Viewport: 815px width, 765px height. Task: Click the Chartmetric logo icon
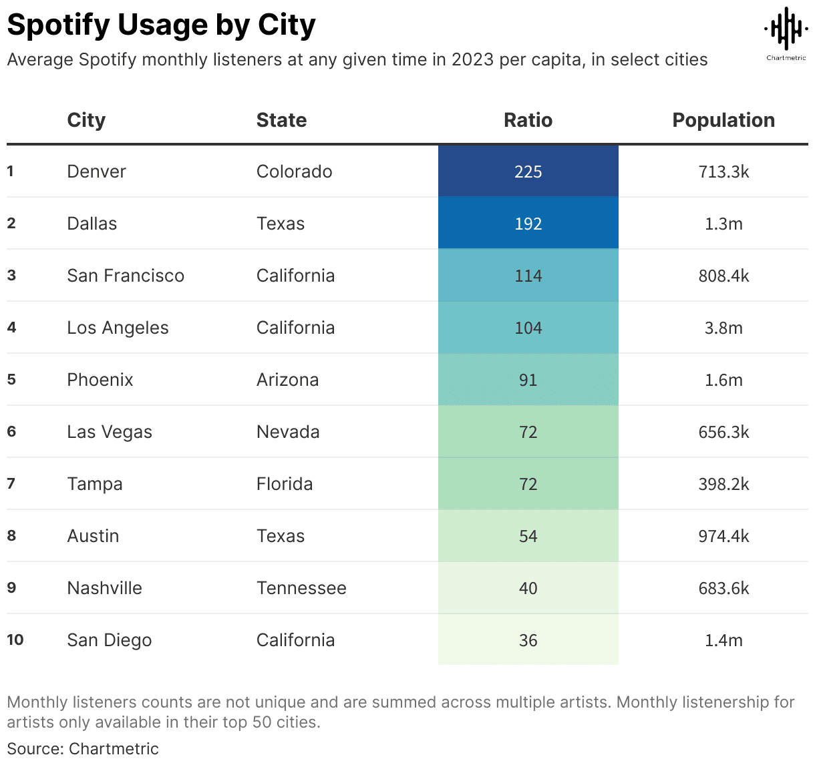coord(786,29)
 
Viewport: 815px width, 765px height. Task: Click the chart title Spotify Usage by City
coord(161,25)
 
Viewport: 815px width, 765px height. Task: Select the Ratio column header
coord(528,120)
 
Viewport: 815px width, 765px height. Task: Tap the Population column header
coord(723,120)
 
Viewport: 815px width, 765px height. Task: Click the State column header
coord(281,120)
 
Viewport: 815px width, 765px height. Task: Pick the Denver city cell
coord(96,172)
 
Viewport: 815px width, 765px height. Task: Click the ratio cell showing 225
coord(528,172)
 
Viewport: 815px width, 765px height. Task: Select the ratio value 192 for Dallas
coord(528,224)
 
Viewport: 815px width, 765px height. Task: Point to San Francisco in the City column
coord(126,276)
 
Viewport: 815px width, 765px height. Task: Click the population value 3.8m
coord(723,328)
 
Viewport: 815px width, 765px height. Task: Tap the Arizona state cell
coord(287,380)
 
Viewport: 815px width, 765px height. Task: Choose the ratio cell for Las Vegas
coord(528,432)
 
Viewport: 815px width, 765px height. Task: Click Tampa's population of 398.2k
coord(723,484)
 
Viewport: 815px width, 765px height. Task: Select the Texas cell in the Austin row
coord(281,536)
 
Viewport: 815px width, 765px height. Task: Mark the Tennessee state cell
coord(301,588)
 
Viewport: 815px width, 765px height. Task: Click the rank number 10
coord(15,640)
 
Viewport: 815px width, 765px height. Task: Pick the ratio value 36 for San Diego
coord(528,640)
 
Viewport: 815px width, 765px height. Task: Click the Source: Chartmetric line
coord(83,748)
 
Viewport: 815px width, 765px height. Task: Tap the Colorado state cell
coord(294,172)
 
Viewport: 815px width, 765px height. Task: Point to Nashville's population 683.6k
coord(723,588)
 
